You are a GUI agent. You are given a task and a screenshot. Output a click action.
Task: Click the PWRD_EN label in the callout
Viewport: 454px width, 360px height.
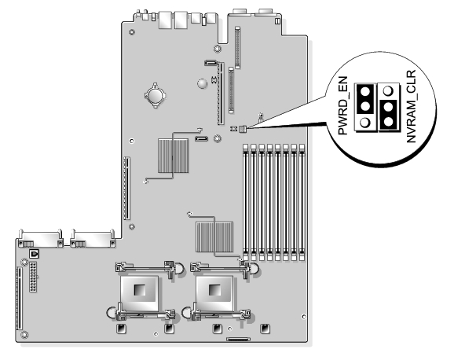[x=342, y=105]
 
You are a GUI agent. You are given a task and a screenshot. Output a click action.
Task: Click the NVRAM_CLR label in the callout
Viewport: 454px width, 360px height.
[x=411, y=106]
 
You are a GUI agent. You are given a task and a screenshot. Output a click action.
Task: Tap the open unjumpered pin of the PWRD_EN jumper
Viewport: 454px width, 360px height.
[x=365, y=122]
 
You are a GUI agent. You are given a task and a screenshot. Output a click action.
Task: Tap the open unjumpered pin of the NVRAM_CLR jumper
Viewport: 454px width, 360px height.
[x=388, y=91]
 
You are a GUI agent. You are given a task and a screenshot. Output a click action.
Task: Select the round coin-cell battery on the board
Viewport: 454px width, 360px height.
[x=156, y=95]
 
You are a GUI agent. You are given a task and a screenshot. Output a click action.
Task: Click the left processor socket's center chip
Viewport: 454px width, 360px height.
[x=139, y=290]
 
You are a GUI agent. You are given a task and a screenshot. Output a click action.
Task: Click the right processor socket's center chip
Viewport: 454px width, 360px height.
[x=214, y=290]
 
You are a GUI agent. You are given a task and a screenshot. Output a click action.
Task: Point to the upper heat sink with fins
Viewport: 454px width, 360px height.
[x=173, y=156]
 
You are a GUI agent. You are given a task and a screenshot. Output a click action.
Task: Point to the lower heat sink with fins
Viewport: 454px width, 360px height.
[x=214, y=237]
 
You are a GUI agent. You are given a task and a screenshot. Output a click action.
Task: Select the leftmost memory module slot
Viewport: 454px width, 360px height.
[x=246, y=202]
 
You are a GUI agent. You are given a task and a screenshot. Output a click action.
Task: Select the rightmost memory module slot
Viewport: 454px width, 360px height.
[x=302, y=202]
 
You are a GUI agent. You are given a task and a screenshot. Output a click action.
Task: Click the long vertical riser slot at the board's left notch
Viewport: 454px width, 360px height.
[x=126, y=188]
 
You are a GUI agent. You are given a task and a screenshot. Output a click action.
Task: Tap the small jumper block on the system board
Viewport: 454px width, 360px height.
[x=243, y=129]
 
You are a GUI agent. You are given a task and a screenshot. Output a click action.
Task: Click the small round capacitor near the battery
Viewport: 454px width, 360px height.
[x=203, y=83]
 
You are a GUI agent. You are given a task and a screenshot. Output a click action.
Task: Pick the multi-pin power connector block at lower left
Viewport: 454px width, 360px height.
[x=33, y=277]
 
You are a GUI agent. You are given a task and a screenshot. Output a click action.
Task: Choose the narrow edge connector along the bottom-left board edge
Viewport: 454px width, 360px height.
[x=20, y=299]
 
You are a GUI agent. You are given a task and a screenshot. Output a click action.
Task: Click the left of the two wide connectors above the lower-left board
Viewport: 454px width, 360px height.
[x=40, y=238]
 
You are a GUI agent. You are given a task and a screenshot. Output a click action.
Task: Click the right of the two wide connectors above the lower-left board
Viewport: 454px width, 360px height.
[x=93, y=238]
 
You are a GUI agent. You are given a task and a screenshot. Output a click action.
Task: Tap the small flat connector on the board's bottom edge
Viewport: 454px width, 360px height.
[x=238, y=339]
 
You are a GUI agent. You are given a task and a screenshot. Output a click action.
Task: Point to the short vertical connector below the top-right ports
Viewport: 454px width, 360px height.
[x=237, y=47]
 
